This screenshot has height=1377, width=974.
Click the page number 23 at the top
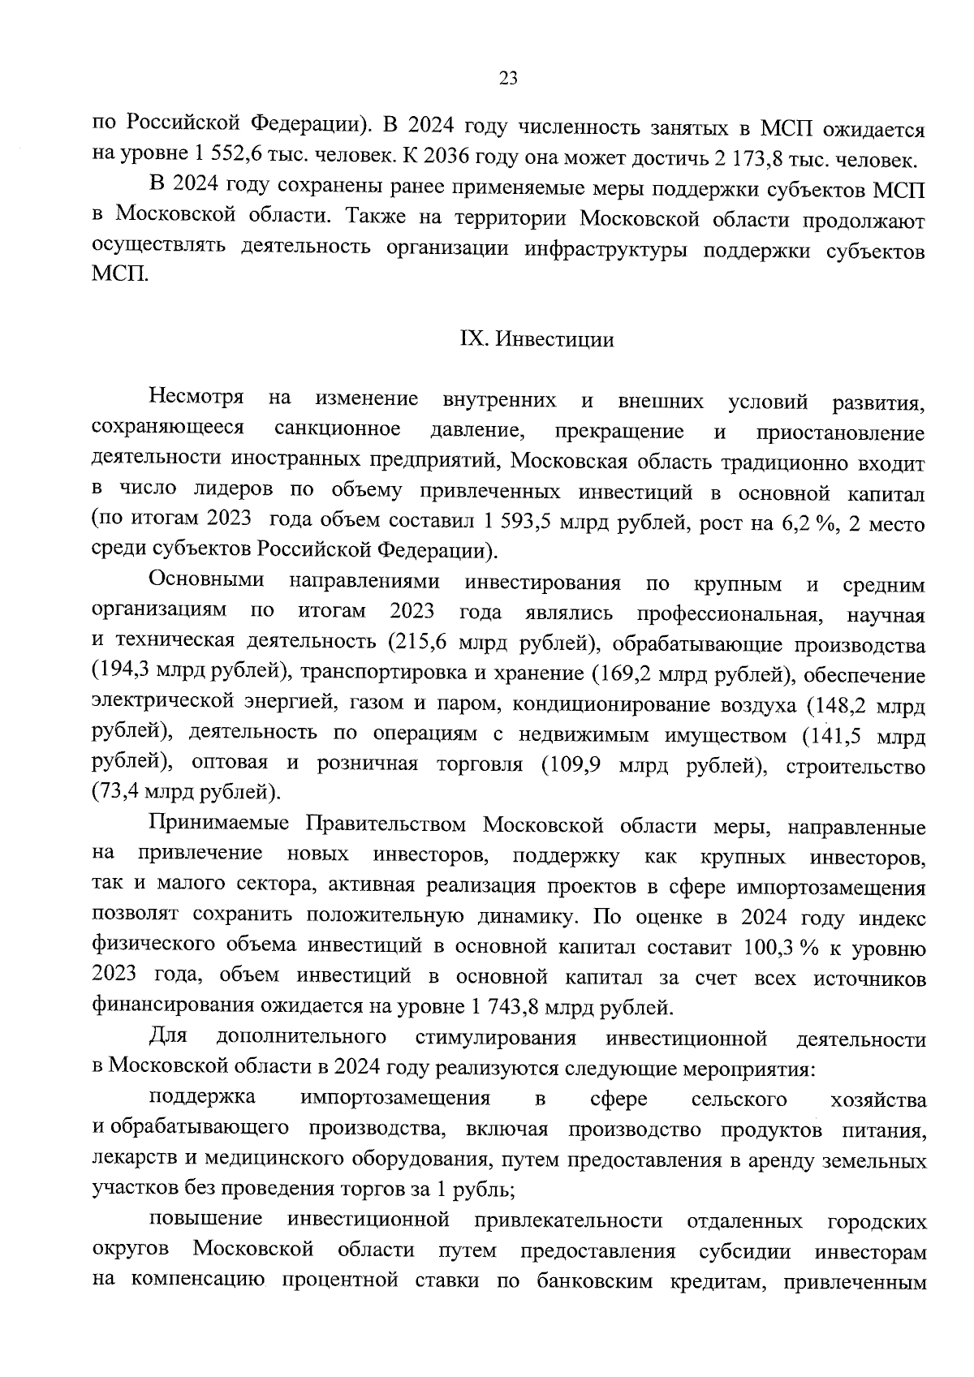[x=508, y=78]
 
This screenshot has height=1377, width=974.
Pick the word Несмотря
[x=197, y=398]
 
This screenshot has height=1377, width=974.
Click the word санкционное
[x=337, y=429]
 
